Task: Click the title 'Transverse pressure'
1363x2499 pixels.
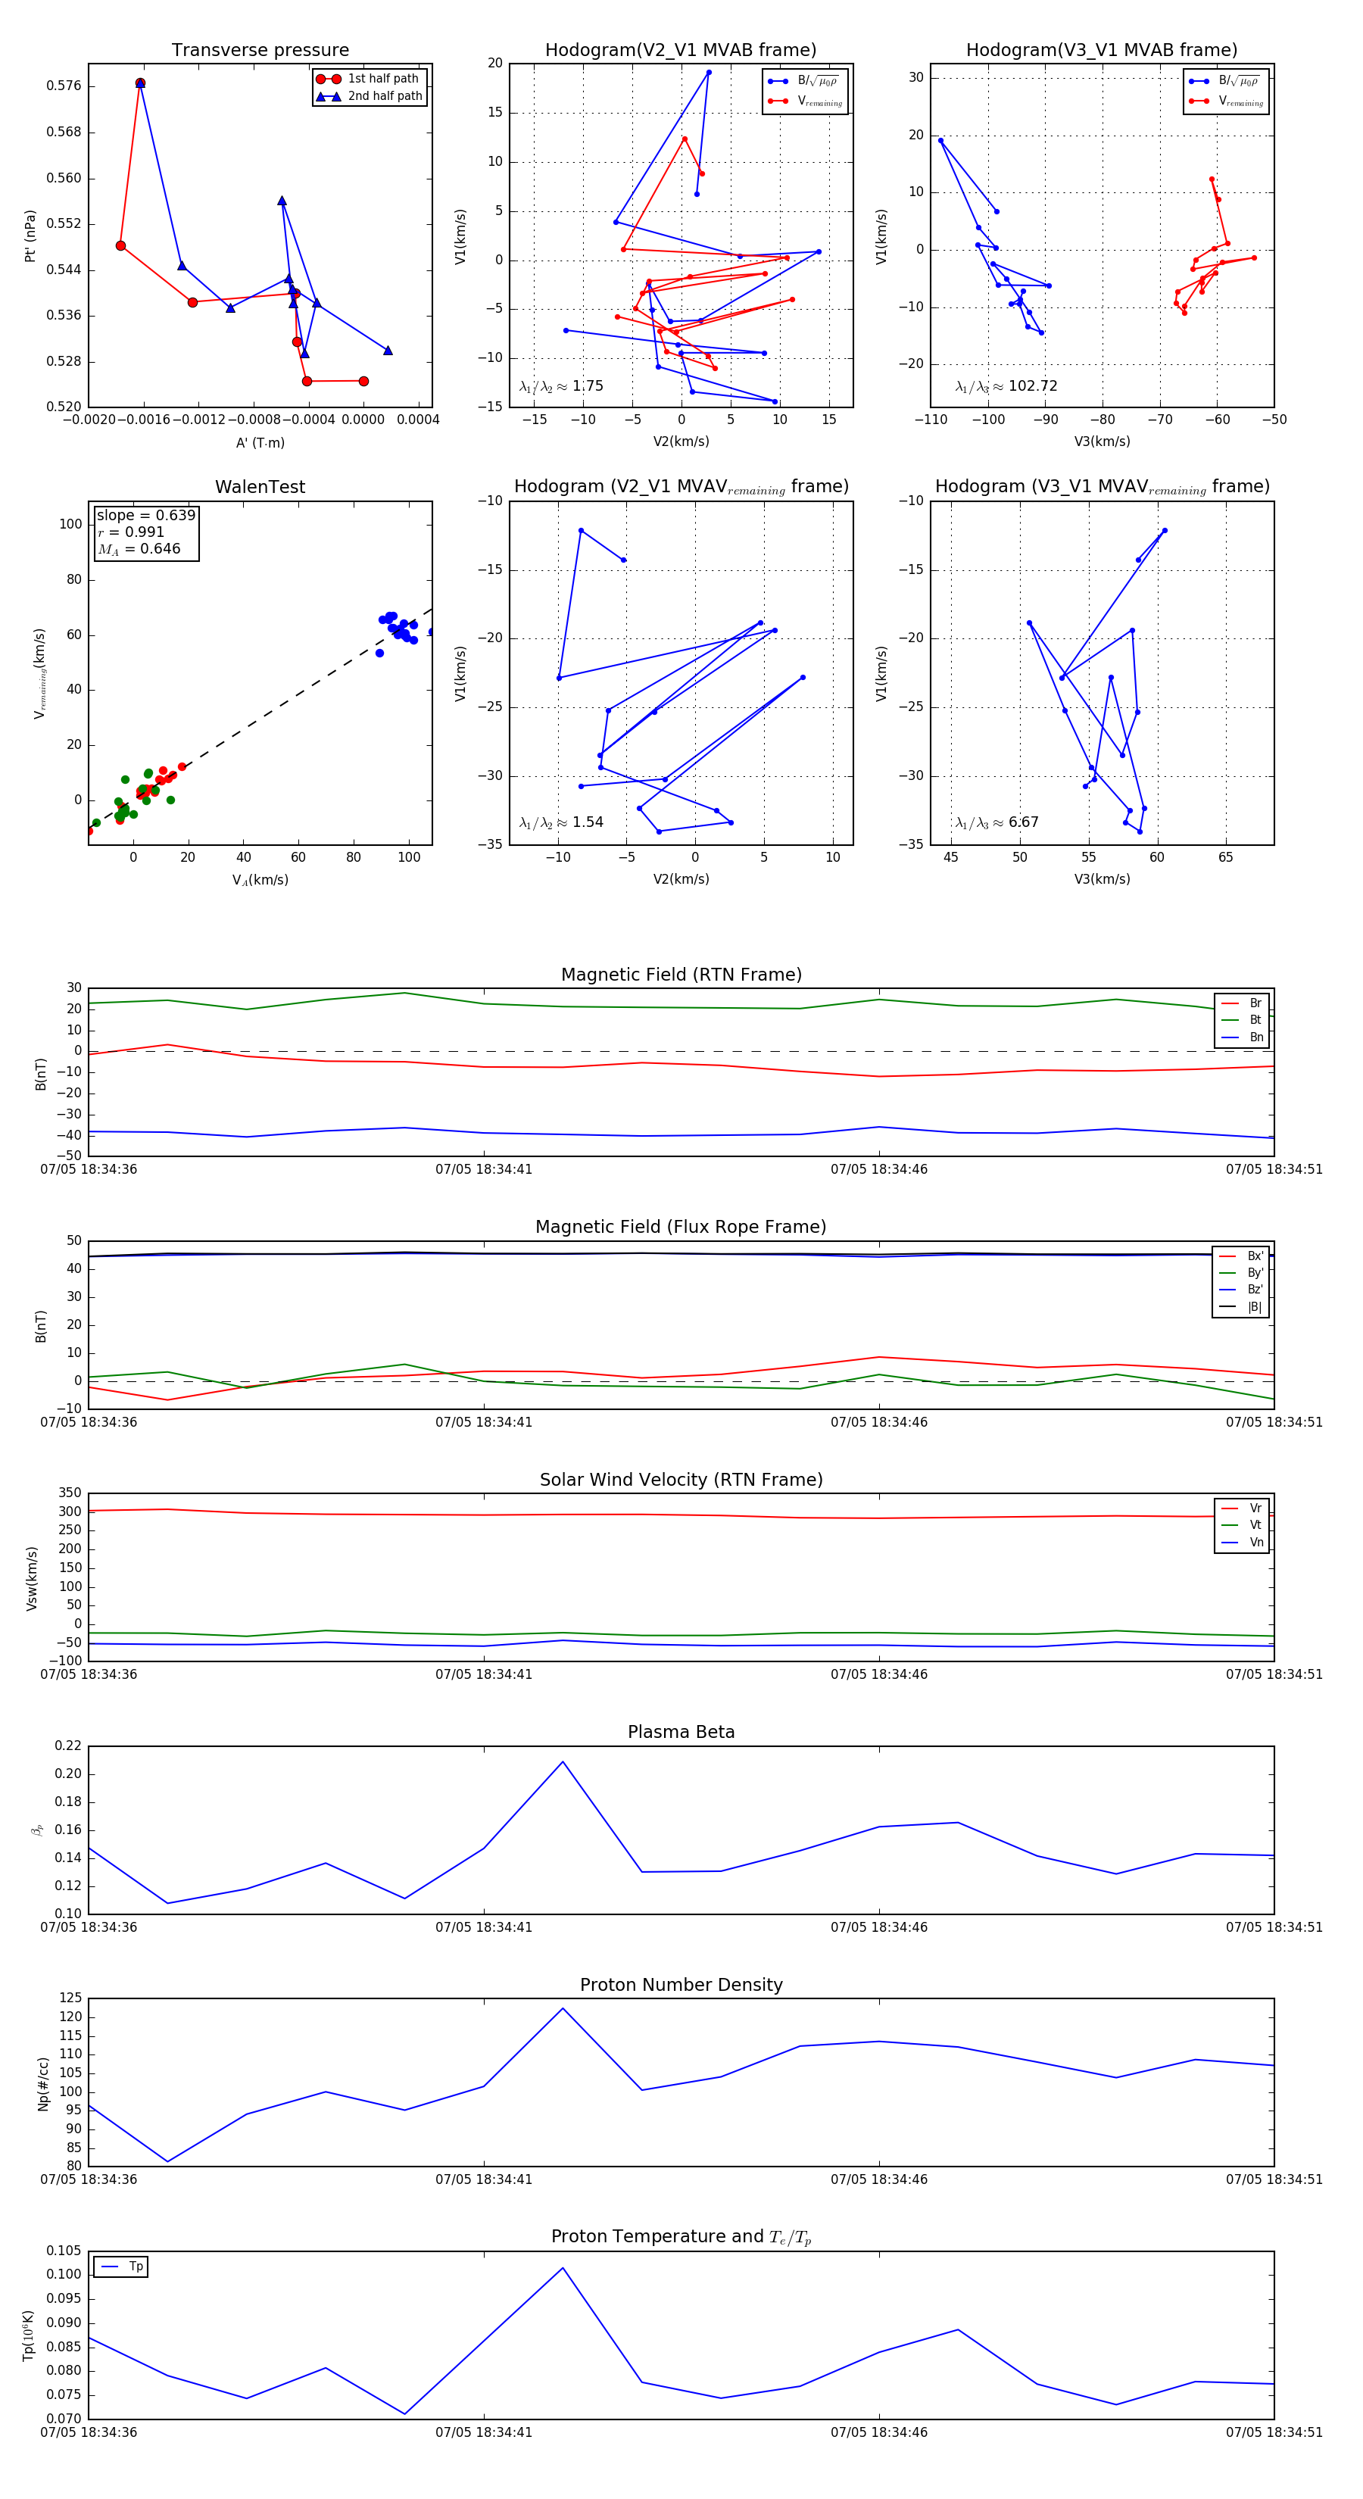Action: click(260, 51)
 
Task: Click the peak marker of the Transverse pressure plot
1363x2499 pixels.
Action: click(141, 83)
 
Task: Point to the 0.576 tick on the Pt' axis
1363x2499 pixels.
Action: click(64, 86)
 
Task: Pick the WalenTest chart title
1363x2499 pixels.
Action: click(260, 487)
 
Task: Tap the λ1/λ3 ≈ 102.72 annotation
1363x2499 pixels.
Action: click(1006, 386)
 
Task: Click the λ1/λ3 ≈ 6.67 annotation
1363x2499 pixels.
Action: click(997, 822)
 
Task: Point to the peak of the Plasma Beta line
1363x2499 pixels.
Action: click(563, 1761)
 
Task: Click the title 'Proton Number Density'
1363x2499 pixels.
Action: click(681, 1985)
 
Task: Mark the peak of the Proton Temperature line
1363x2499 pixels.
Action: click(563, 2268)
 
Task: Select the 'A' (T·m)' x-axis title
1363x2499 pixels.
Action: click(260, 443)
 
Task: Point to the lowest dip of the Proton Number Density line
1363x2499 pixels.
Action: click(168, 2161)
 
